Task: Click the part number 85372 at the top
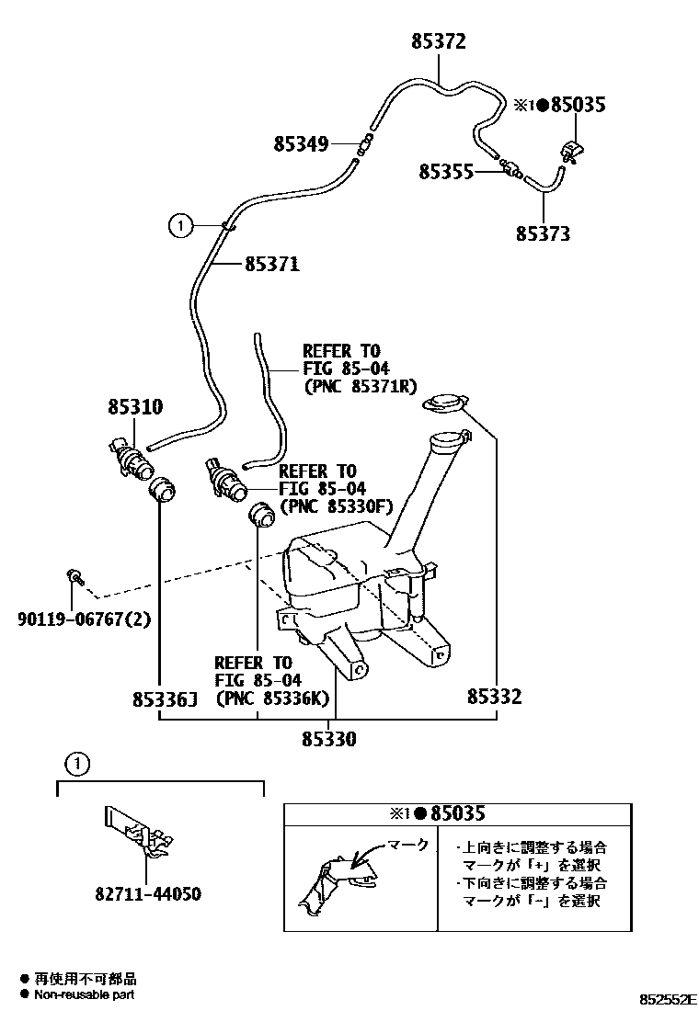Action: coord(439,41)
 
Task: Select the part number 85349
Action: coord(301,143)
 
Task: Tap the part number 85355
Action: coord(446,171)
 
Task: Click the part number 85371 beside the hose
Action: coord(271,265)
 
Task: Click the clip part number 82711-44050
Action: coord(147,893)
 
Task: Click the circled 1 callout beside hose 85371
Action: coord(181,224)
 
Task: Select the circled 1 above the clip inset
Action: coord(78,762)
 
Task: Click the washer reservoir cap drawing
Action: coord(445,404)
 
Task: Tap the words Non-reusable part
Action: coord(85,994)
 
